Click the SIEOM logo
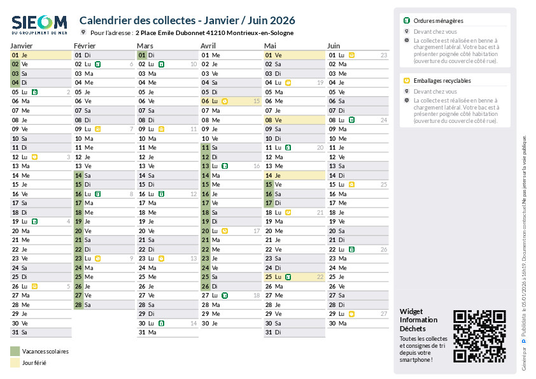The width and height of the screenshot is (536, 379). [x=39, y=24]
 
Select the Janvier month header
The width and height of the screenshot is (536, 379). [x=22, y=46]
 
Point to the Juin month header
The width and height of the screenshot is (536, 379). [x=334, y=46]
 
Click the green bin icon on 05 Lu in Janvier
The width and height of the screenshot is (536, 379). [x=34, y=92]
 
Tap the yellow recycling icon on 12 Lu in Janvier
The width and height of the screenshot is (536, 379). [x=34, y=157]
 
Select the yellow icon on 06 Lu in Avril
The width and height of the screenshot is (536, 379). [x=225, y=101]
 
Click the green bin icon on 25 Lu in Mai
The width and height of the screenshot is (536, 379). [x=288, y=277]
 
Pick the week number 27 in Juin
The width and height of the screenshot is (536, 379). [x=384, y=314]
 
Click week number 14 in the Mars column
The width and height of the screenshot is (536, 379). [x=194, y=323]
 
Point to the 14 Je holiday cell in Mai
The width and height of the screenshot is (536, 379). [x=294, y=175]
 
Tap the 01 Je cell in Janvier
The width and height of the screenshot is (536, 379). [x=40, y=55]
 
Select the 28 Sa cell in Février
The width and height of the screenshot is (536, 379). [x=103, y=304]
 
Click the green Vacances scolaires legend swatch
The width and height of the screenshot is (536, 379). [x=15, y=351]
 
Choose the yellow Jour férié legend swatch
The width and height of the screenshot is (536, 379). [x=15, y=363]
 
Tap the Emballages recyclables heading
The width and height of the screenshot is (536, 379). [x=442, y=81]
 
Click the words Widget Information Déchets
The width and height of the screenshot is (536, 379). [x=419, y=320]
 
